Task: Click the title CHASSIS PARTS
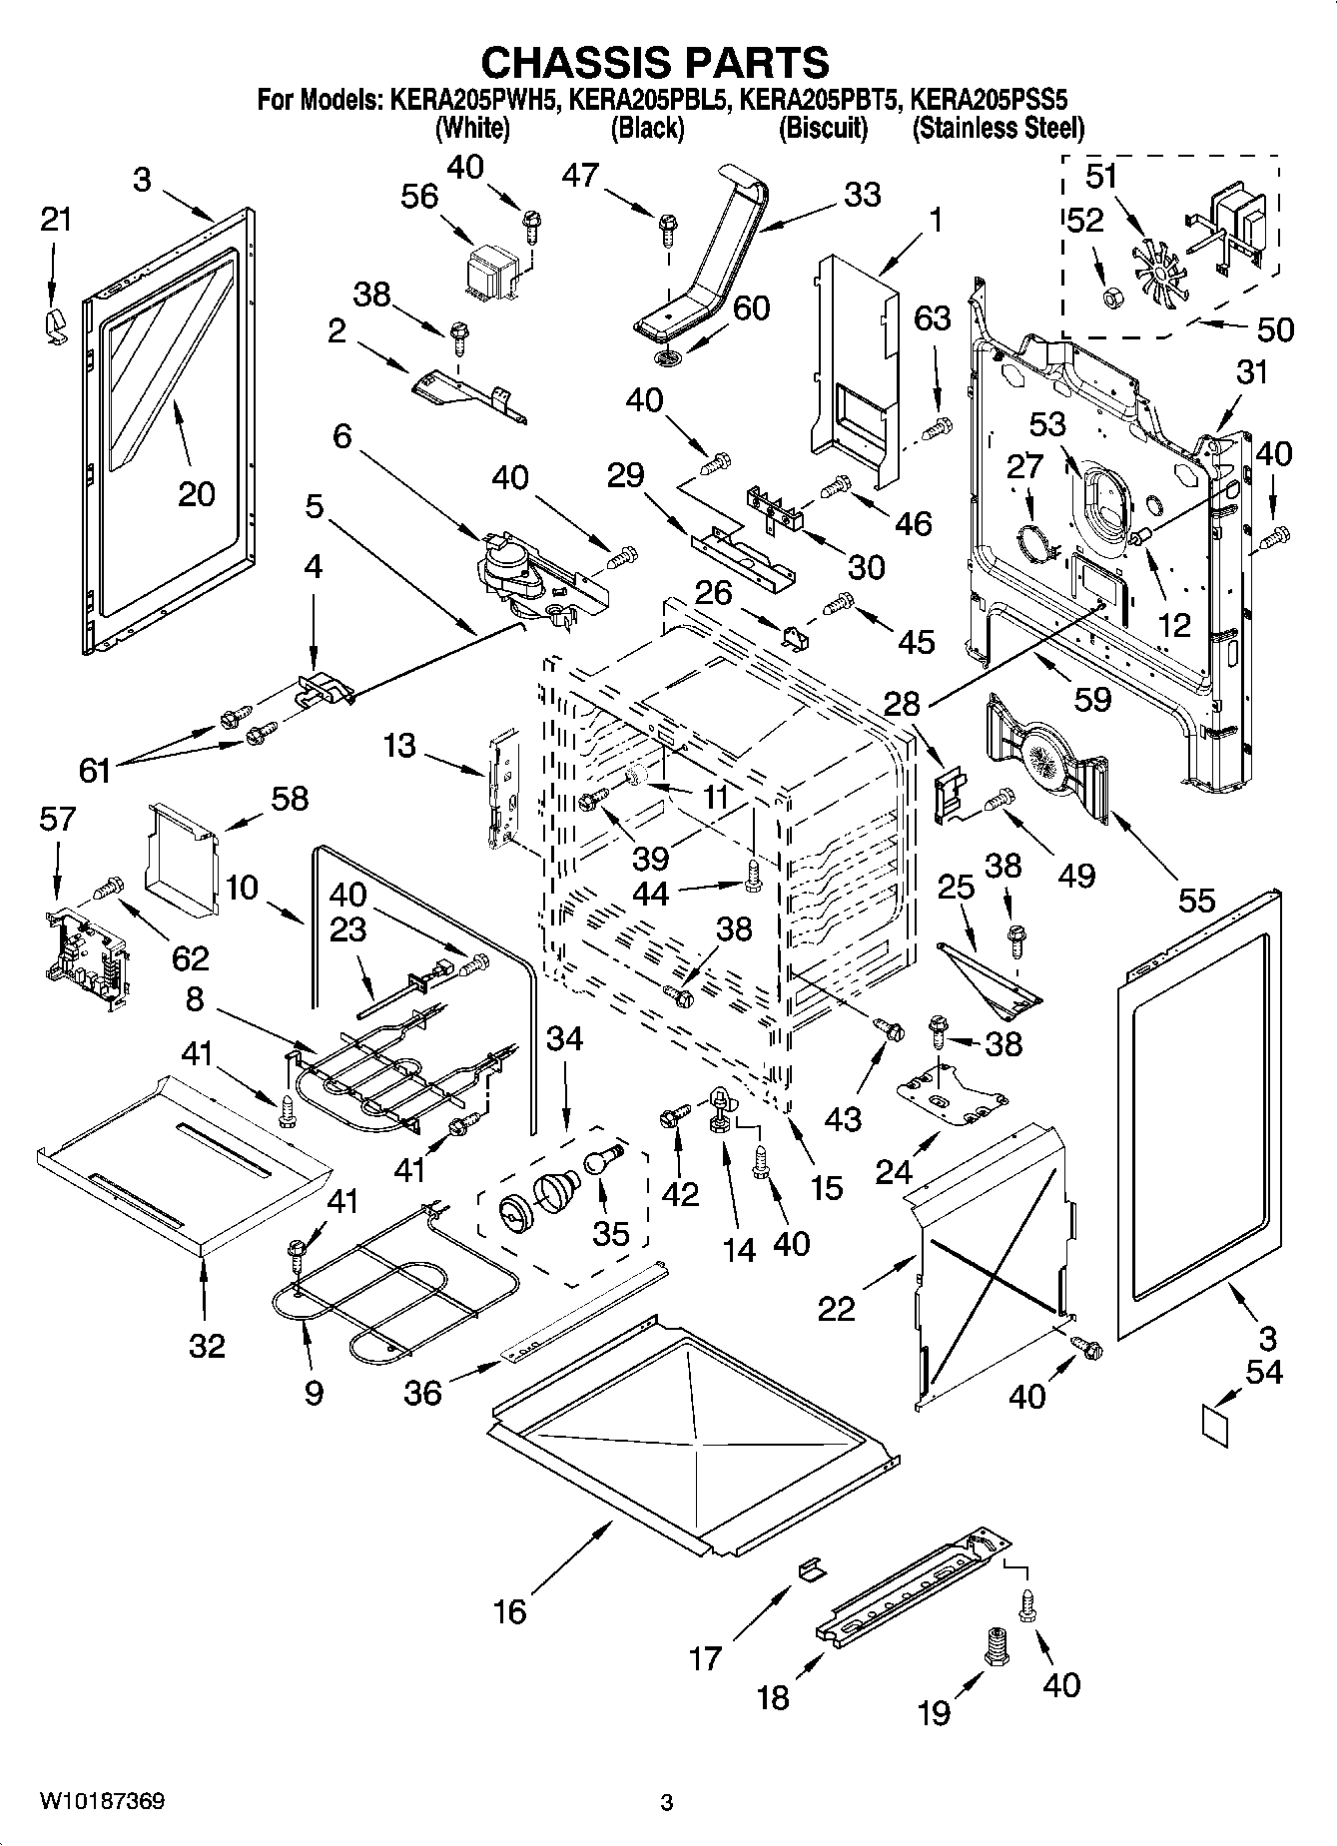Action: point(654,62)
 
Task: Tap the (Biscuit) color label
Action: point(823,128)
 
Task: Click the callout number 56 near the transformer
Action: point(418,197)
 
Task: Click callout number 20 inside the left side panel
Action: point(196,492)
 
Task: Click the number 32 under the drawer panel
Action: point(207,1346)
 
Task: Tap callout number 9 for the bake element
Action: point(313,1392)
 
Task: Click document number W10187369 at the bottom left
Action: point(102,1801)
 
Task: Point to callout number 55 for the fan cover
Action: point(1196,900)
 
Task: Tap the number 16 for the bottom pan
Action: point(509,1611)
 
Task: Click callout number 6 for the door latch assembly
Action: point(341,436)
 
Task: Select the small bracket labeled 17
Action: point(810,1569)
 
